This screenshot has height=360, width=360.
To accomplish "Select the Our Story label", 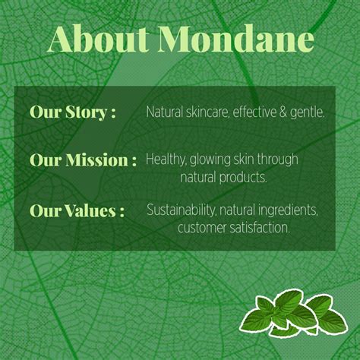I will pos(72,112).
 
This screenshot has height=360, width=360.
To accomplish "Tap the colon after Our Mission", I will pos(134,162).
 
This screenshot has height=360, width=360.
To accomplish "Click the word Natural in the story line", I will pos(166,112).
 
